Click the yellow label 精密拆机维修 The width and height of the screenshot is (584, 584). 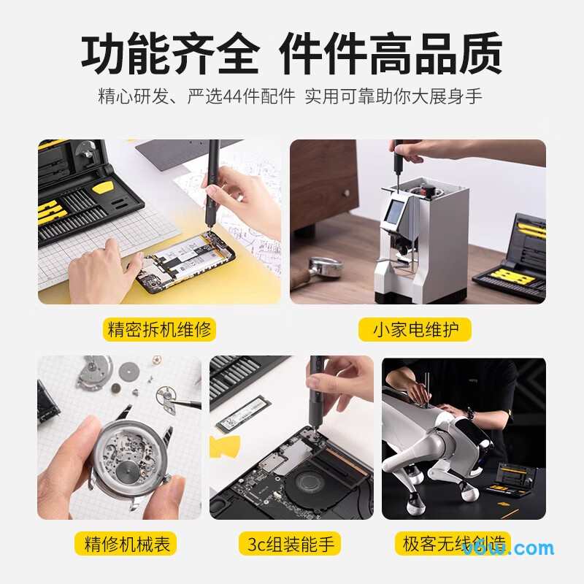pyautogui.click(x=161, y=329)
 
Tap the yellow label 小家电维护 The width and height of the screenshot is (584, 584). pyautogui.click(x=415, y=329)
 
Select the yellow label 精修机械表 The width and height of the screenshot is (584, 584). pyautogui.click(x=125, y=544)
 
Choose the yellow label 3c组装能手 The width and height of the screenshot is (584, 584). pyautogui.click(x=292, y=544)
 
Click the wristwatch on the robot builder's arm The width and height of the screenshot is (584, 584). pyautogui.click(x=471, y=413)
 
